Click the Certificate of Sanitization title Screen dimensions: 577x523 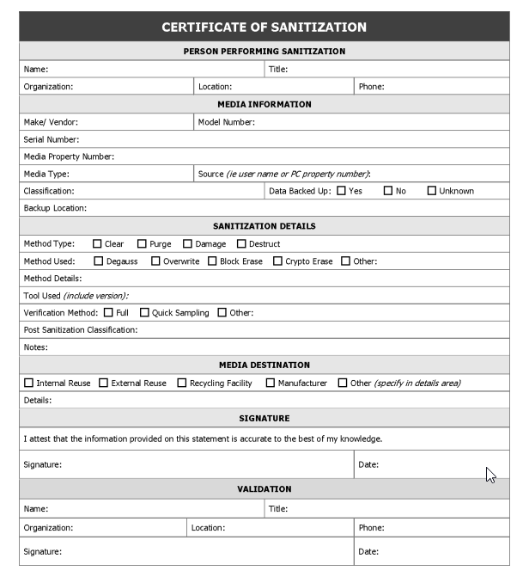point(264,28)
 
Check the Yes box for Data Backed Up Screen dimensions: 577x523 point(341,191)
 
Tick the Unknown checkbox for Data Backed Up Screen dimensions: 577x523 point(431,191)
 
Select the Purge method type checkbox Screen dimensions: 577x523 point(142,244)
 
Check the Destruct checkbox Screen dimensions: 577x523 point(241,244)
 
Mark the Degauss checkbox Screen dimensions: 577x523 point(98,261)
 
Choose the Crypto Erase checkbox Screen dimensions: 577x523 point(277,261)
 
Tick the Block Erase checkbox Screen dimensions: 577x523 point(212,261)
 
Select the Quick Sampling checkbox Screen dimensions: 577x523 point(144,313)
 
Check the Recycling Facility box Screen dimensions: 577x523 point(181,383)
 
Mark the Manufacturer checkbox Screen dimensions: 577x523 point(270,383)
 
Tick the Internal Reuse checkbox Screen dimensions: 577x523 point(28,383)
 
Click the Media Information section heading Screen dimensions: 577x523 point(264,104)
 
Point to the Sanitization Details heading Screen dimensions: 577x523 point(264,226)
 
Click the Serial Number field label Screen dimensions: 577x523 point(52,139)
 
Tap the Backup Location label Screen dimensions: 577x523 point(55,208)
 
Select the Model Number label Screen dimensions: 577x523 point(227,122)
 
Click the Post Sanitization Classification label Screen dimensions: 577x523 point(81,330)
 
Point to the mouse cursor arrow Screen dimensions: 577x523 point(490,475)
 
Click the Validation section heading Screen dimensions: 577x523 point(264,489)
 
